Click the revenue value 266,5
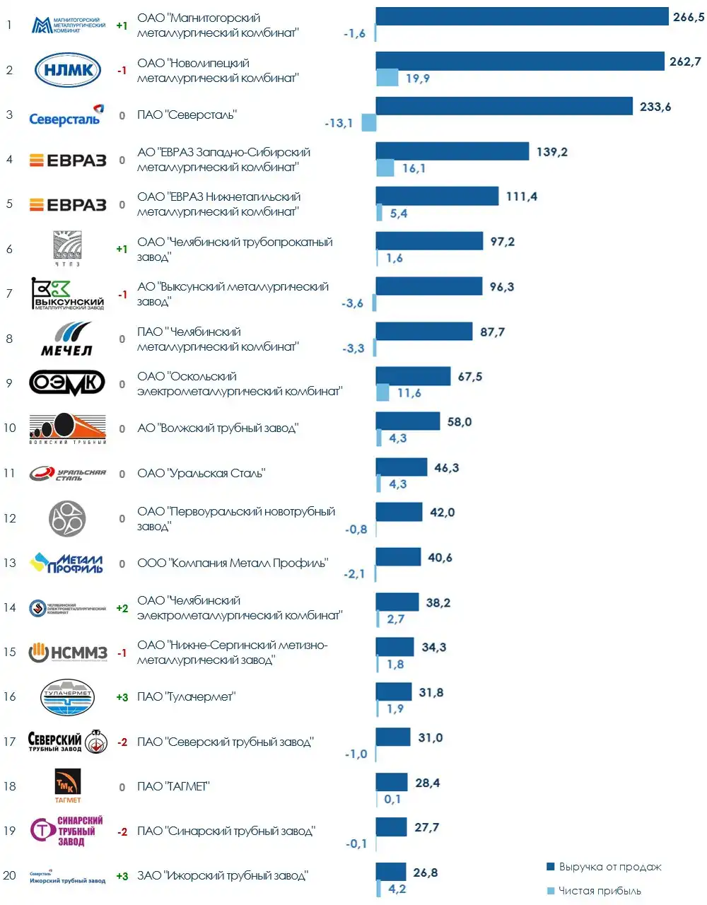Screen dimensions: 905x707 click(688, 17)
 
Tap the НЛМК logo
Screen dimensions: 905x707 click(68, 70)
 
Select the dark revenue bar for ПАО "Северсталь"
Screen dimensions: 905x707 click(504, 106)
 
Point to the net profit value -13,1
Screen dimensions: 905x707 click(339, 123)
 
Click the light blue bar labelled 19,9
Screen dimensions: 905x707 click(387, 78)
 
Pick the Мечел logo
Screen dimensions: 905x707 click(67, 339)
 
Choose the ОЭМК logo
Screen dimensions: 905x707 click(67, 383)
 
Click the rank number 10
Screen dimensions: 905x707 click(10, 428)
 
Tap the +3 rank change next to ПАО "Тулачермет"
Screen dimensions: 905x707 click(122, 697)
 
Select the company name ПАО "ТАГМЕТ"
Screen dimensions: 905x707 click(173, 786)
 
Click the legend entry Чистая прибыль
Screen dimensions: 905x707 click(600, 890)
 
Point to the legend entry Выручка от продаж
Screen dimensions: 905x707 click(609, 867)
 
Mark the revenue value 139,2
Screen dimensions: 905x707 click(551, 152)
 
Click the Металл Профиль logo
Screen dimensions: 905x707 click(68, 563)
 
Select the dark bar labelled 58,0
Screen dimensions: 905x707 click(407, 421)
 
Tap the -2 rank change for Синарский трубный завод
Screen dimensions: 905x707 click(122, 831)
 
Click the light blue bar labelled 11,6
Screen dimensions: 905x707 click(382, 392)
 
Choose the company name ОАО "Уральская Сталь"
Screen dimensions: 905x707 click(201, 473)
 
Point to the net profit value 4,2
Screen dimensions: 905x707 click(397, 889)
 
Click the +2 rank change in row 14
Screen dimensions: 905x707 click(122, 608)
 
